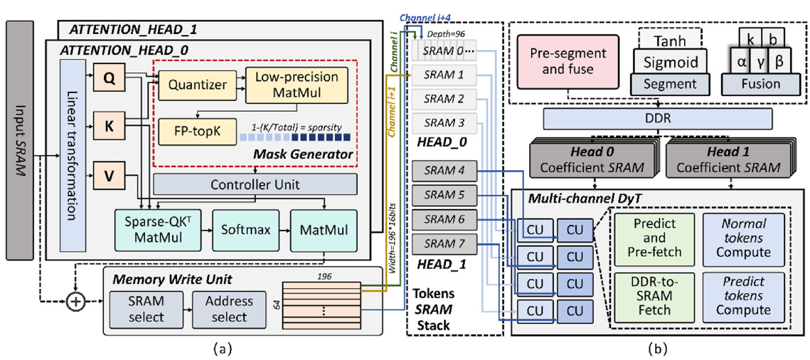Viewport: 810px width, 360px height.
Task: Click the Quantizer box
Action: (x=197, y=85)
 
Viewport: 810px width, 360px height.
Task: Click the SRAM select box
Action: (x=146, y=309)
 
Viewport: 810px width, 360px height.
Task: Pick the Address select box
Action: (x=228, y=309)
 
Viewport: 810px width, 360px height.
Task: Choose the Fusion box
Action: (x=760, y=83)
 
